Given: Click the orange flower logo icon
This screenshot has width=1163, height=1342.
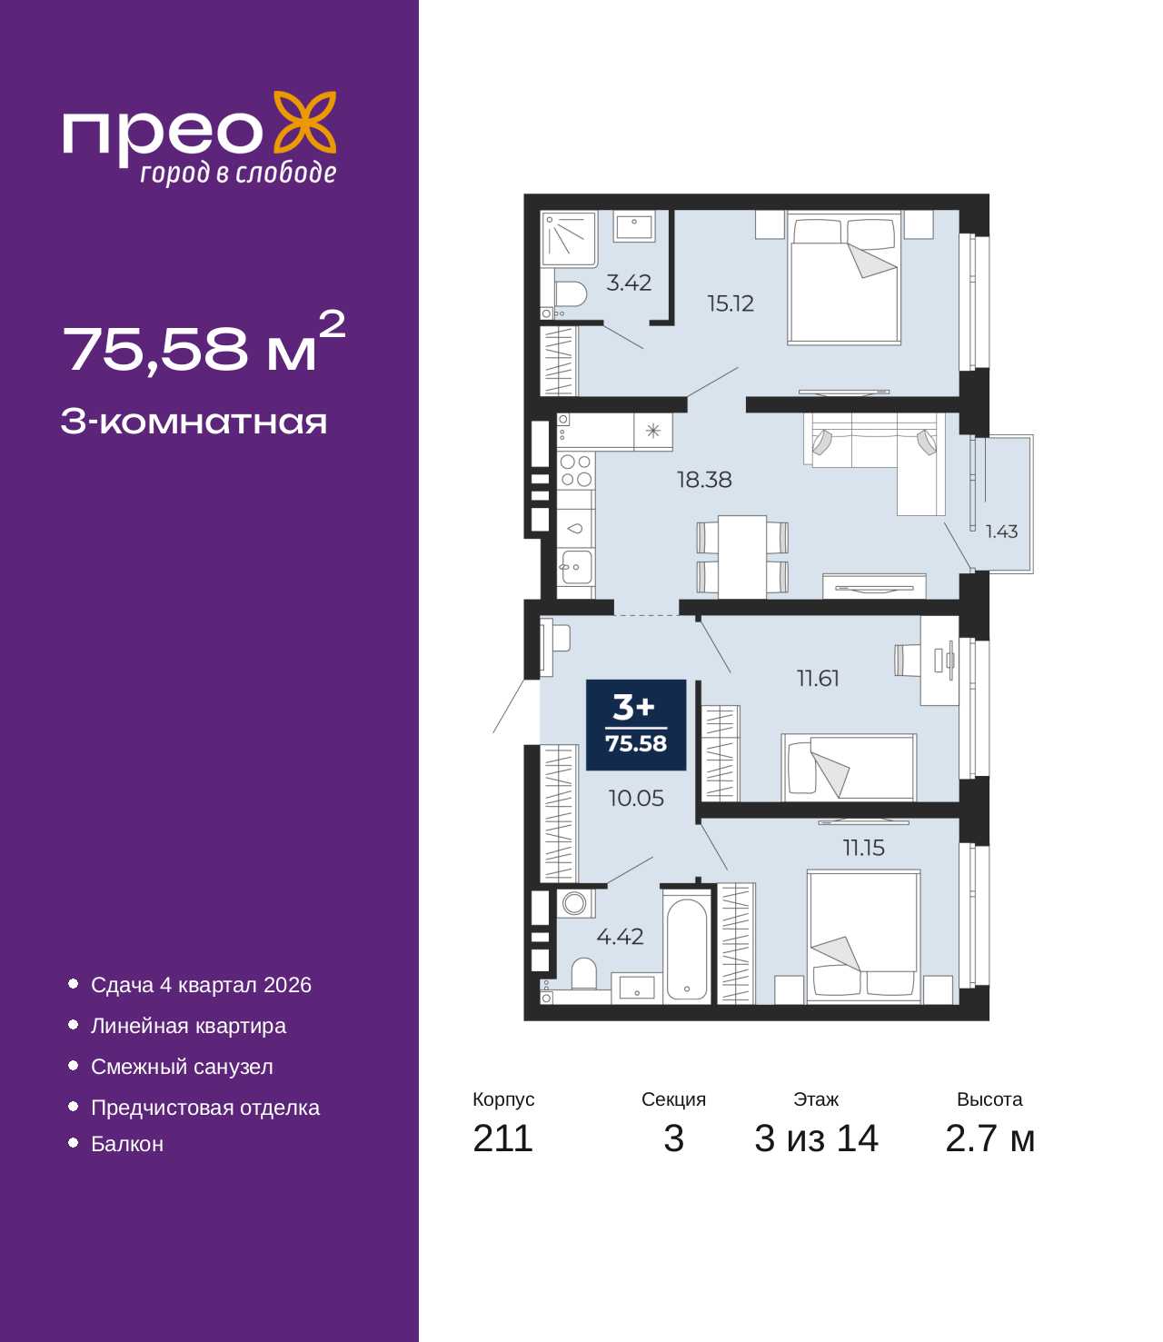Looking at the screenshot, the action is (304, 122).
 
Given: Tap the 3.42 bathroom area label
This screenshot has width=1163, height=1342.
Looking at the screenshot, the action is (629, 283).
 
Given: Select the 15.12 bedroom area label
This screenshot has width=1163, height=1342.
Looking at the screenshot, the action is (731, 303).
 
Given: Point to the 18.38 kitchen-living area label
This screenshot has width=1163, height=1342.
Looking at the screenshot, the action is (704, 479).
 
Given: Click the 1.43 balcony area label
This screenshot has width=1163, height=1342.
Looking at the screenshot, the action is (1001, 532).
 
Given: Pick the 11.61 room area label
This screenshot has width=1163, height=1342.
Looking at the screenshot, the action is (819, 678).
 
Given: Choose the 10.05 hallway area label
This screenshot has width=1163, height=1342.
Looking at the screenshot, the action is (636, 797).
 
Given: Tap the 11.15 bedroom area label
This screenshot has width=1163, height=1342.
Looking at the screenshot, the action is (864, 848).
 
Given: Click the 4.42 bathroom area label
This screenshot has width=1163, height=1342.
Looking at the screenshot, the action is (621, 936).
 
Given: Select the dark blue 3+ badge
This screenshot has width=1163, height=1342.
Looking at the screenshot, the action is (636, 724).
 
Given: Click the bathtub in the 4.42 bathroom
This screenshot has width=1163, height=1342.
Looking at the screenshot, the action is (686, 947).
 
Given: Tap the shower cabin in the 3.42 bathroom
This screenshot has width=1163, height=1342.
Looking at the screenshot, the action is (568, 238).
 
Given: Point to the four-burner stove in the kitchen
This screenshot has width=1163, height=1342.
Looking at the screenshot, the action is (576, 471).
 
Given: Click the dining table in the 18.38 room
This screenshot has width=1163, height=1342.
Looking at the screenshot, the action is (742, 556).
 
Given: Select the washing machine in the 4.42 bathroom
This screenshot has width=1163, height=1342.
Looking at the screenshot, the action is (574, 903).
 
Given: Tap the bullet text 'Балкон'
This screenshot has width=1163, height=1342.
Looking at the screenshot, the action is (127, 1143).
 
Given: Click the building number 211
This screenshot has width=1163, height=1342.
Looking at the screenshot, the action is (502, 1138).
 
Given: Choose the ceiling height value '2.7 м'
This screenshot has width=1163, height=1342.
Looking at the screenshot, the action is (989, 1138).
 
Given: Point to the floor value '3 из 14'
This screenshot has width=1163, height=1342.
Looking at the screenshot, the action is (816, 1138).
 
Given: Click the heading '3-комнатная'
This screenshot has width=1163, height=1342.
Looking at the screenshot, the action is (194, 422).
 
